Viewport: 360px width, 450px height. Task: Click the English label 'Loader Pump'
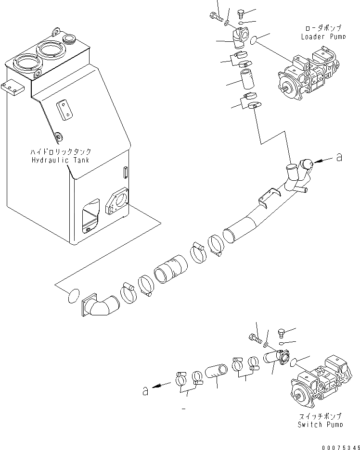point(323,37)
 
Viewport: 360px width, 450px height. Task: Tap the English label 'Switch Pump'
point(321,424)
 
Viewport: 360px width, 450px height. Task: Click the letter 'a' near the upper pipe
point(339,157)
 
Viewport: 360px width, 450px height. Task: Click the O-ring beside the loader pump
point(257,40)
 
